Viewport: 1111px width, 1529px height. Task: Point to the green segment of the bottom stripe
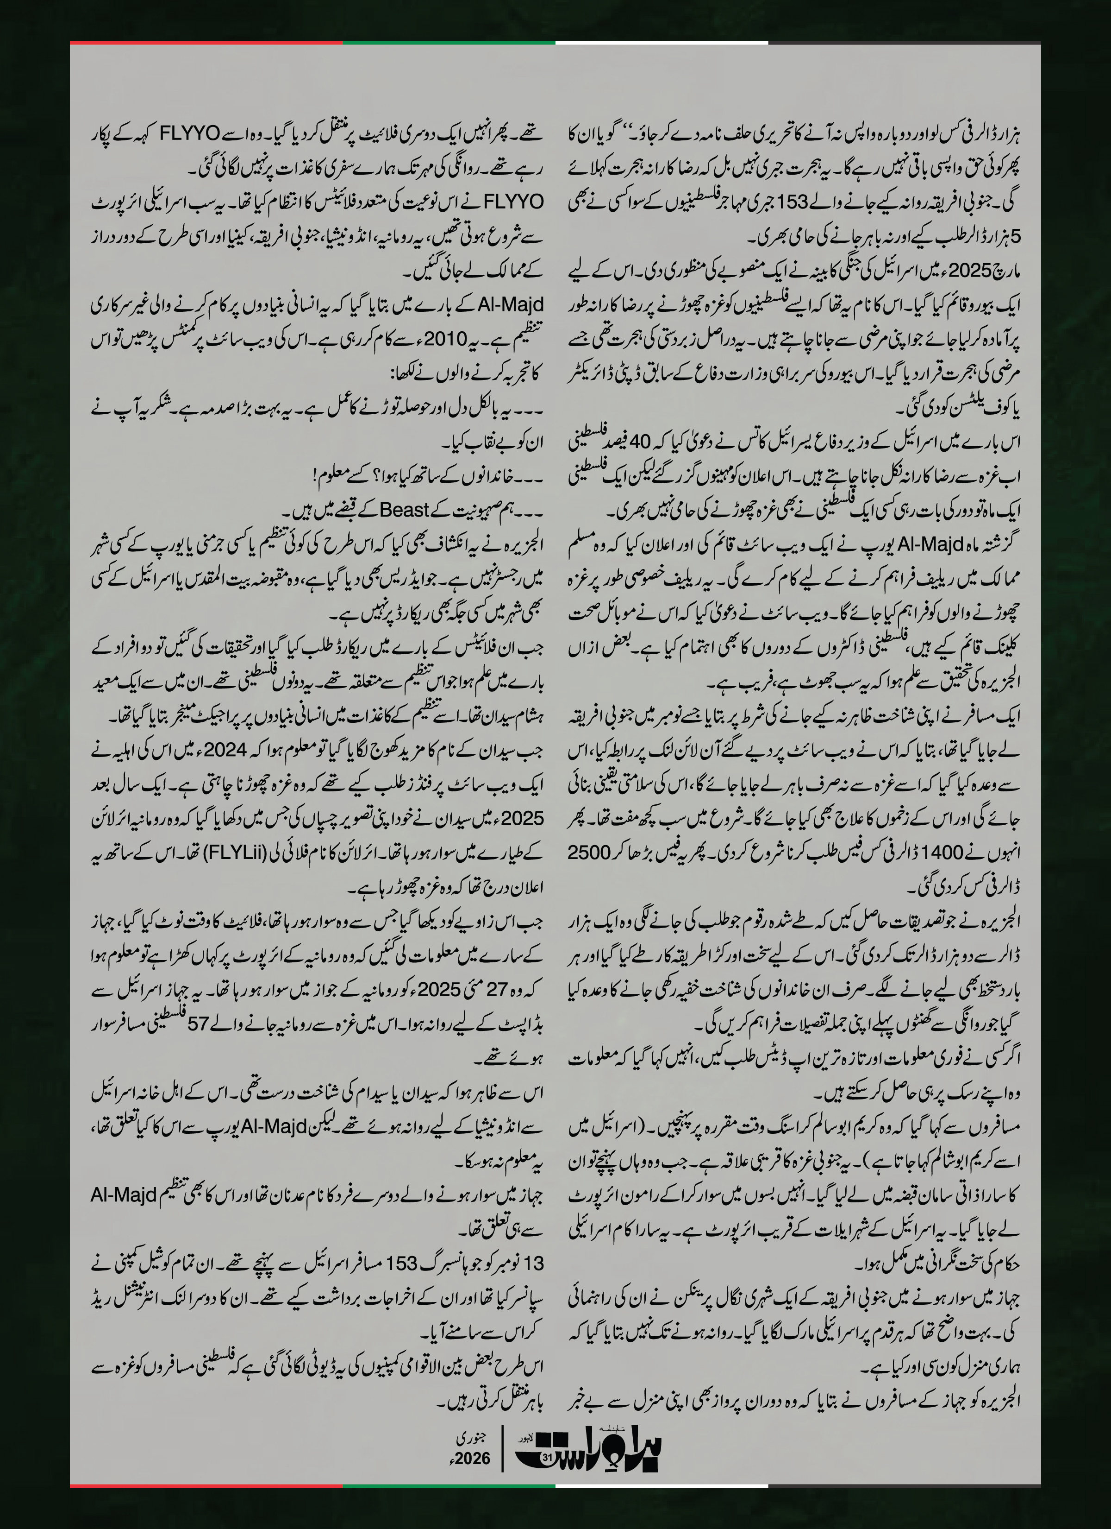pos(449,1504)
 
